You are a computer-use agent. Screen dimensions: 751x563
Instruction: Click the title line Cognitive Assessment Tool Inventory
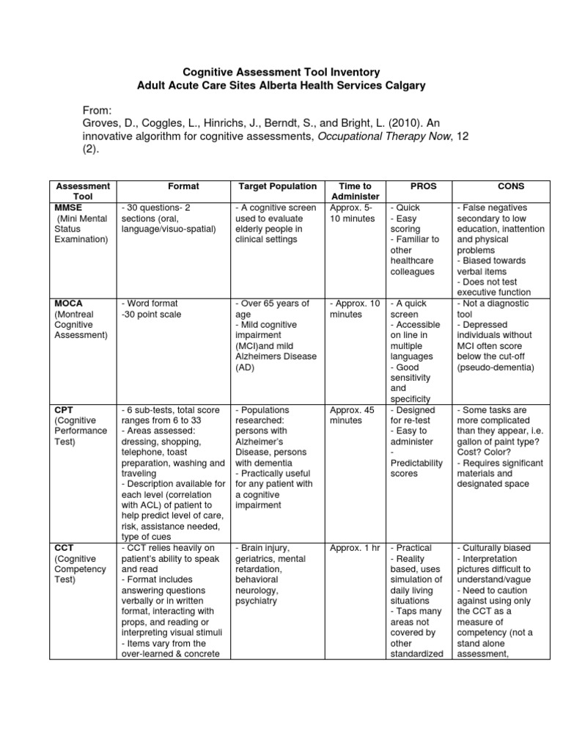click(x=281, y=72)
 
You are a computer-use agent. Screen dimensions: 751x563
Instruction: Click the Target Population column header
click(x=277, y=186)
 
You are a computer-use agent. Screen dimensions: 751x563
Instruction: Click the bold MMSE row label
click(x=67, y=208)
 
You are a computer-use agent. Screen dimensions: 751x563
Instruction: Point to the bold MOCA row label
click(x=67, y=303)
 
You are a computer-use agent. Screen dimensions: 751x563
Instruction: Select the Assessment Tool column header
click(x=78, y=191)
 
